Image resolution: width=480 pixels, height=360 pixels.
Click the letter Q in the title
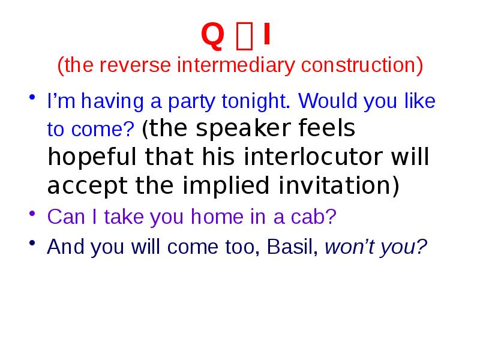pos(212,37)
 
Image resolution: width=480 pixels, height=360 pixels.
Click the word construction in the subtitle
pos(358,65)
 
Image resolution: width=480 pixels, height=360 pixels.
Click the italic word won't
pos(348,247)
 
